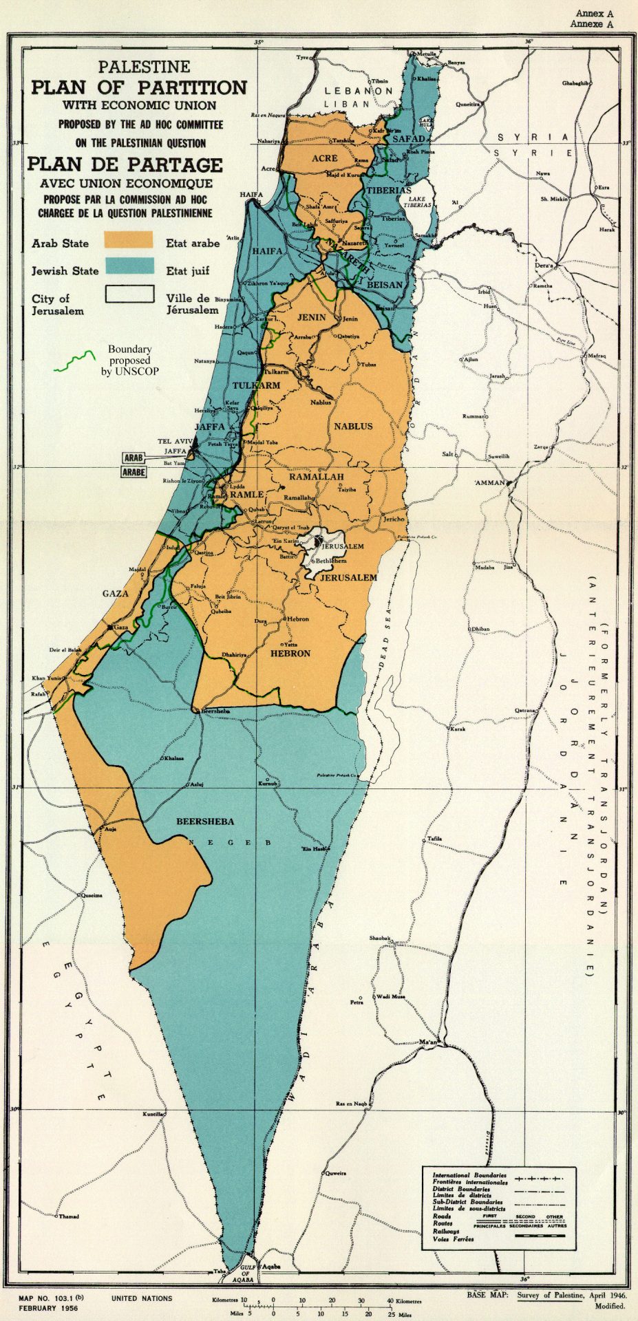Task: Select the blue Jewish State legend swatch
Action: [x=128, y=267]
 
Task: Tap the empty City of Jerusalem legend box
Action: [x=128, y=294]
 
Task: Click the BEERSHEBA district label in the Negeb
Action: [x=205, y=821]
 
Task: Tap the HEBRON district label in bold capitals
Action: [x=290, y=653]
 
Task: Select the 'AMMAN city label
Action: [x=490, y=482]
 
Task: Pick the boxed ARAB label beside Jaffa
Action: [x=134, y=458]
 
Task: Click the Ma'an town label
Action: [x=428, y=1043]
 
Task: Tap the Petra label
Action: [x=356, y=1002]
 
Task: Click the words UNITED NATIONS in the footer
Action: [x=142, y=1298]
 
